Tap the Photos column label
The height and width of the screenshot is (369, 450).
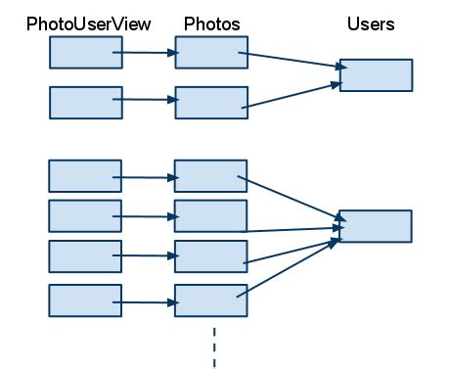click(211, 23)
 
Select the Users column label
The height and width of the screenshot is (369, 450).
click(371, 23)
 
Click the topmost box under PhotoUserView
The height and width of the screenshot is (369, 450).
click(86, 53)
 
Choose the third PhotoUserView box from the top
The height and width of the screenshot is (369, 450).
click(86, 176)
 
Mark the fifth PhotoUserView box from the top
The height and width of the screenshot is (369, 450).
click(86, 254)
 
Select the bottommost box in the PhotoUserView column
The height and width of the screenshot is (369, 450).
click(86, 300)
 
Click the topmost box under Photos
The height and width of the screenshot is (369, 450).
click(211, 53)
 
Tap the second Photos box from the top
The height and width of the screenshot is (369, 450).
click(211, 103)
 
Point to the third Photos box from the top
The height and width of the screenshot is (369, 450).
click(211, 176)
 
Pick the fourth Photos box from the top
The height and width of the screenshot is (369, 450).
click(211, 215)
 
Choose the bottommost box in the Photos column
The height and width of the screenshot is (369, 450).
click(211, 300)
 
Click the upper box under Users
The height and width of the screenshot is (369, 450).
click(376, 75)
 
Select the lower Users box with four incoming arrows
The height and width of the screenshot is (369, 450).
click(376, 225)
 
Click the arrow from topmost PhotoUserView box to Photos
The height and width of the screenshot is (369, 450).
click(147, 53)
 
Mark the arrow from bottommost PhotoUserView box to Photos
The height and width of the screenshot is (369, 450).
click(147, 302)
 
